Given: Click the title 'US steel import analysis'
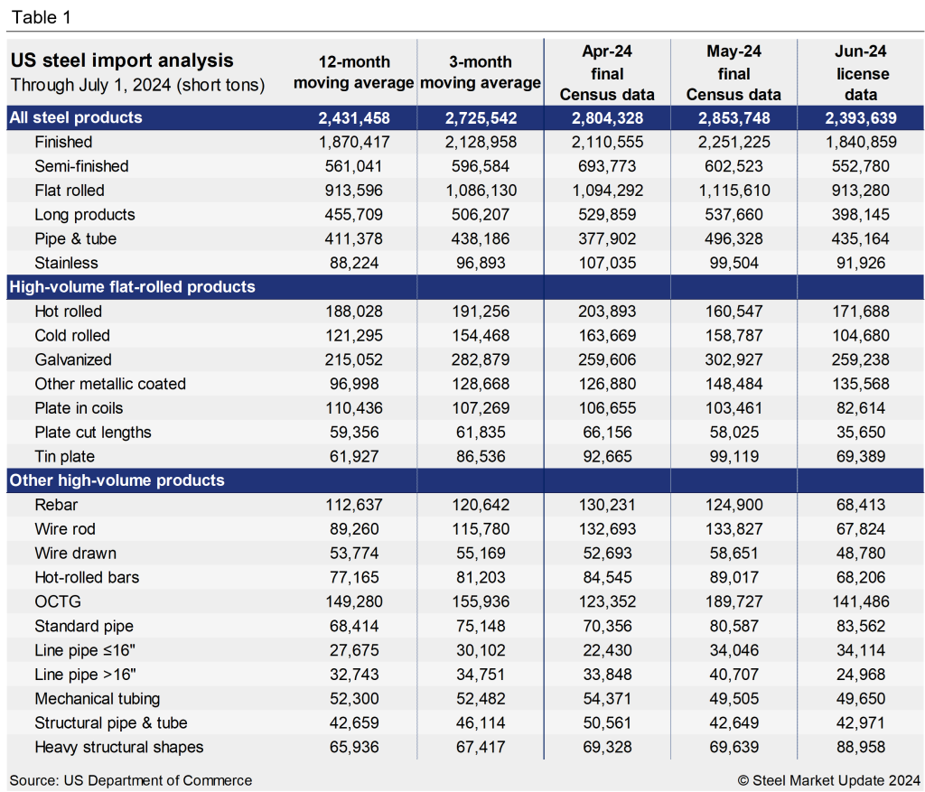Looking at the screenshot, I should (x=121, y=61).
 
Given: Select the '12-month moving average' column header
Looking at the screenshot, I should (x=354, y=72).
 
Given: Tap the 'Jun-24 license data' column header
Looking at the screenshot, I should (x=861, y=73).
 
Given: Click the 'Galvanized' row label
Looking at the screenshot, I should (x=72, y=359).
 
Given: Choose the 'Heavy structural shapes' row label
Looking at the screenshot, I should (x=118, y=747).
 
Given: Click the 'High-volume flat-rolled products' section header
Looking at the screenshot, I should (x=132, y=287).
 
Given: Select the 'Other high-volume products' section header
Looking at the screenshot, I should (x=117, y=480).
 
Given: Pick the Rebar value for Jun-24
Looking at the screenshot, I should (x=861, y=505).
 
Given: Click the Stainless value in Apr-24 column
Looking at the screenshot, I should (x=606, y=263).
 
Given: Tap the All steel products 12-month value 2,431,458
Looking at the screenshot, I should (x=354, y=117).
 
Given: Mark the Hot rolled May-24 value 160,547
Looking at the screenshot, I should (x=733, y=312).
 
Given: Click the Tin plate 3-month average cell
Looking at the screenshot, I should (x=480, y=457).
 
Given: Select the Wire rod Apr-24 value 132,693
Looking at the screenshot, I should (x=606, y=529).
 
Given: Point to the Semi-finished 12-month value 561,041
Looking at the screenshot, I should (x=354, y=166).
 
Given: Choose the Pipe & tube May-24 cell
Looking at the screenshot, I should (x=733, y=238).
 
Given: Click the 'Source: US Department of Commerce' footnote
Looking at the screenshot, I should (x=131, y=780).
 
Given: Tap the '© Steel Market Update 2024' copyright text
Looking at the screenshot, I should (x=828, y=780).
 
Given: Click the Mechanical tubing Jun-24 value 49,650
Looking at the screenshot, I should (x=861, y=698).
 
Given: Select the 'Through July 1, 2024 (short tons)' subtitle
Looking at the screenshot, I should (x=137, y=86).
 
